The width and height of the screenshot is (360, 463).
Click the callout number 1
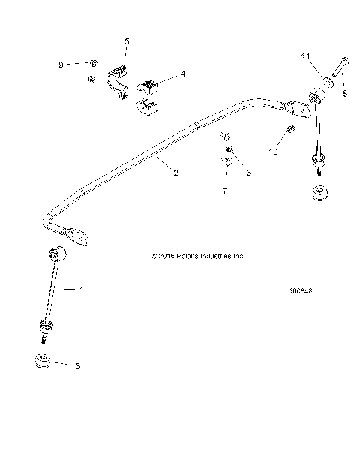click(82, 289)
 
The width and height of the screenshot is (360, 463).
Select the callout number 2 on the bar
click(175, 173)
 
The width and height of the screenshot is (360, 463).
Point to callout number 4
click(182, 74)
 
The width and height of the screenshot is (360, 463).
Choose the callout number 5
click(127, 41)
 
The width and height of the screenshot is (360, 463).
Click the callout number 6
click(249, 173)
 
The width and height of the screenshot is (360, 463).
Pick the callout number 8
click(345, 95)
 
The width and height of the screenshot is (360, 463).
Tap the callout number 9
click(61, 65)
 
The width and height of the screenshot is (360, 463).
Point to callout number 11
click(306, 56)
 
